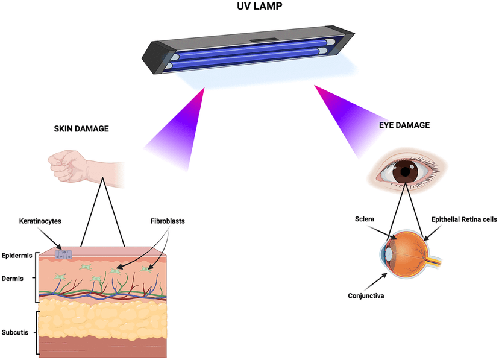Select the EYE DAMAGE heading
tap(406, 126)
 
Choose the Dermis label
tap(14, 279)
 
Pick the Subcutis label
tap(17, 332)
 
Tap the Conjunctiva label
tap(365, 295)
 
